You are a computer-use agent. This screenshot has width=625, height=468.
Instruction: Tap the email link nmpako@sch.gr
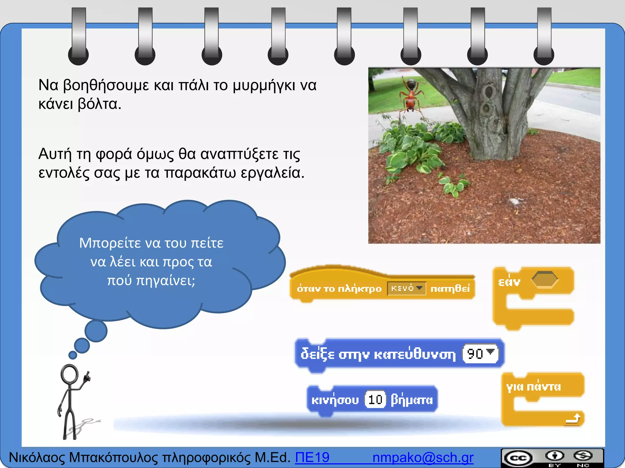click(x=423, y=457)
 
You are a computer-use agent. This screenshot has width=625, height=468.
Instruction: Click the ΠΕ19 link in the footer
click(x=312, y=457)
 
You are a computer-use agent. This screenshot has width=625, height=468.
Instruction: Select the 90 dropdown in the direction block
click(x=480, y=354)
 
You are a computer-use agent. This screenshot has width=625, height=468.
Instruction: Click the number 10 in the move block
click(x=375, y=399)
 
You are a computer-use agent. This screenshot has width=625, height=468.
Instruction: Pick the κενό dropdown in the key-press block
click(x=406, y=288)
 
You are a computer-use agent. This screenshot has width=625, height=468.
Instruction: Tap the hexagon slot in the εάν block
click(x=545, y=279)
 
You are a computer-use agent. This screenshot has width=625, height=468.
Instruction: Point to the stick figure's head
click(x=70, y=374)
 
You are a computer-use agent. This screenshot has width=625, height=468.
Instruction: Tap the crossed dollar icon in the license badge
click(x=583, y=456)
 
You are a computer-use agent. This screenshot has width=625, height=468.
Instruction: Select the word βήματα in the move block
click(x=412, y=399)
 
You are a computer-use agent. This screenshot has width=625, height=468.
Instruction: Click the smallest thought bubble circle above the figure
click(x=73, y=355)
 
